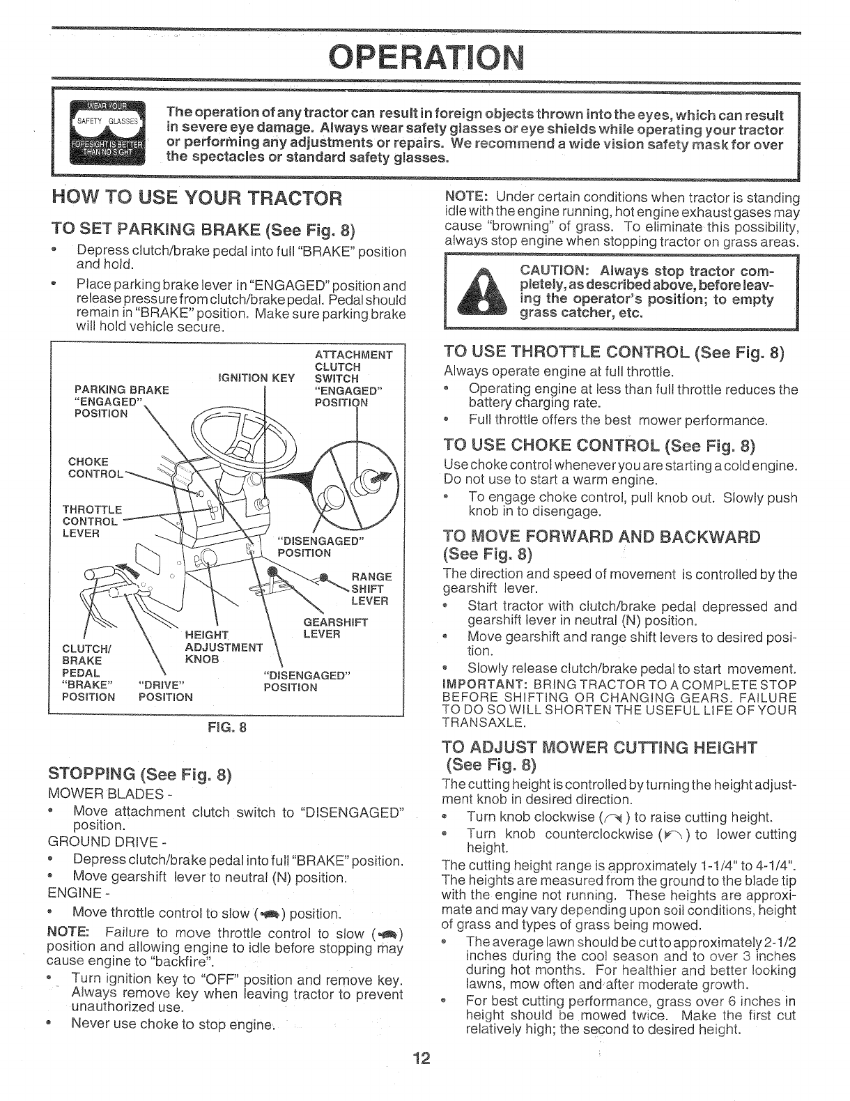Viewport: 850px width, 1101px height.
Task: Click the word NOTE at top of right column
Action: [x=458, y=197]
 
